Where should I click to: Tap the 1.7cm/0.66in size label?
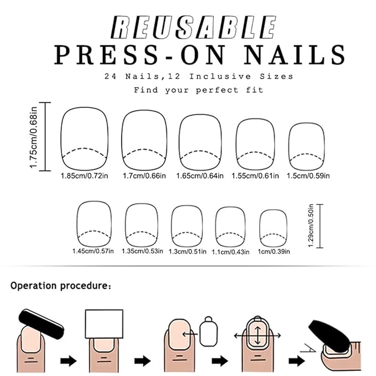point(144,176)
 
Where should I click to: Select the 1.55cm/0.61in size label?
point(256,176)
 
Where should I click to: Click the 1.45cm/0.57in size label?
point(92,251)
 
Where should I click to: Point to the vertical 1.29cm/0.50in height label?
point(311,227)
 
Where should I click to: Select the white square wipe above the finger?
point(104,325)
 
